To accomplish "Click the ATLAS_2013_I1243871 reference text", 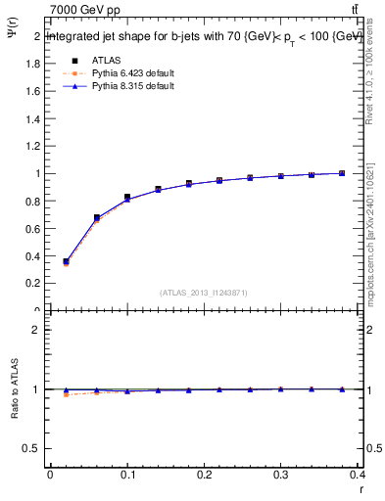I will click(204, 293).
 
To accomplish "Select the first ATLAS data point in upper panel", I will click(66, 261).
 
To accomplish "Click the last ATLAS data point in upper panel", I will click(342, 173).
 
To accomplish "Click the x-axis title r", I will click(360, 489).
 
